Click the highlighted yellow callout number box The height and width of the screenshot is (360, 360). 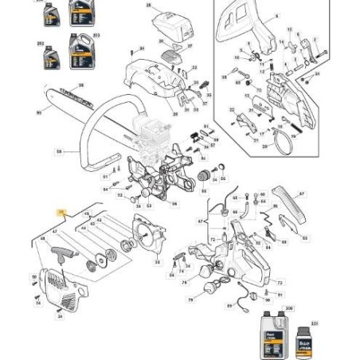(61, 212)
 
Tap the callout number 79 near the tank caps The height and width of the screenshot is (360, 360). (189, 301)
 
